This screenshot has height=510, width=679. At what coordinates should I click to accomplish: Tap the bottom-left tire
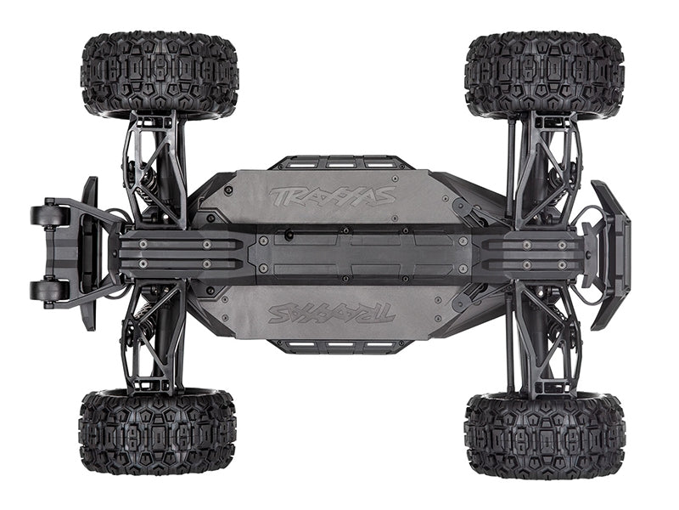158,433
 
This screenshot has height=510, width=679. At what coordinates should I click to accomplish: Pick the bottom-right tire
545,435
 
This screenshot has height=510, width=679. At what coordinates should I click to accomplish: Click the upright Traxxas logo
332,196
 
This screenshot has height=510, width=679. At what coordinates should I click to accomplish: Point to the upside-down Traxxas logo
332,313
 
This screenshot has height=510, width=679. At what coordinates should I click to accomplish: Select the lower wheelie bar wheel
49,290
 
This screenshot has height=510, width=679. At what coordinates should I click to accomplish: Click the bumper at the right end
611,255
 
